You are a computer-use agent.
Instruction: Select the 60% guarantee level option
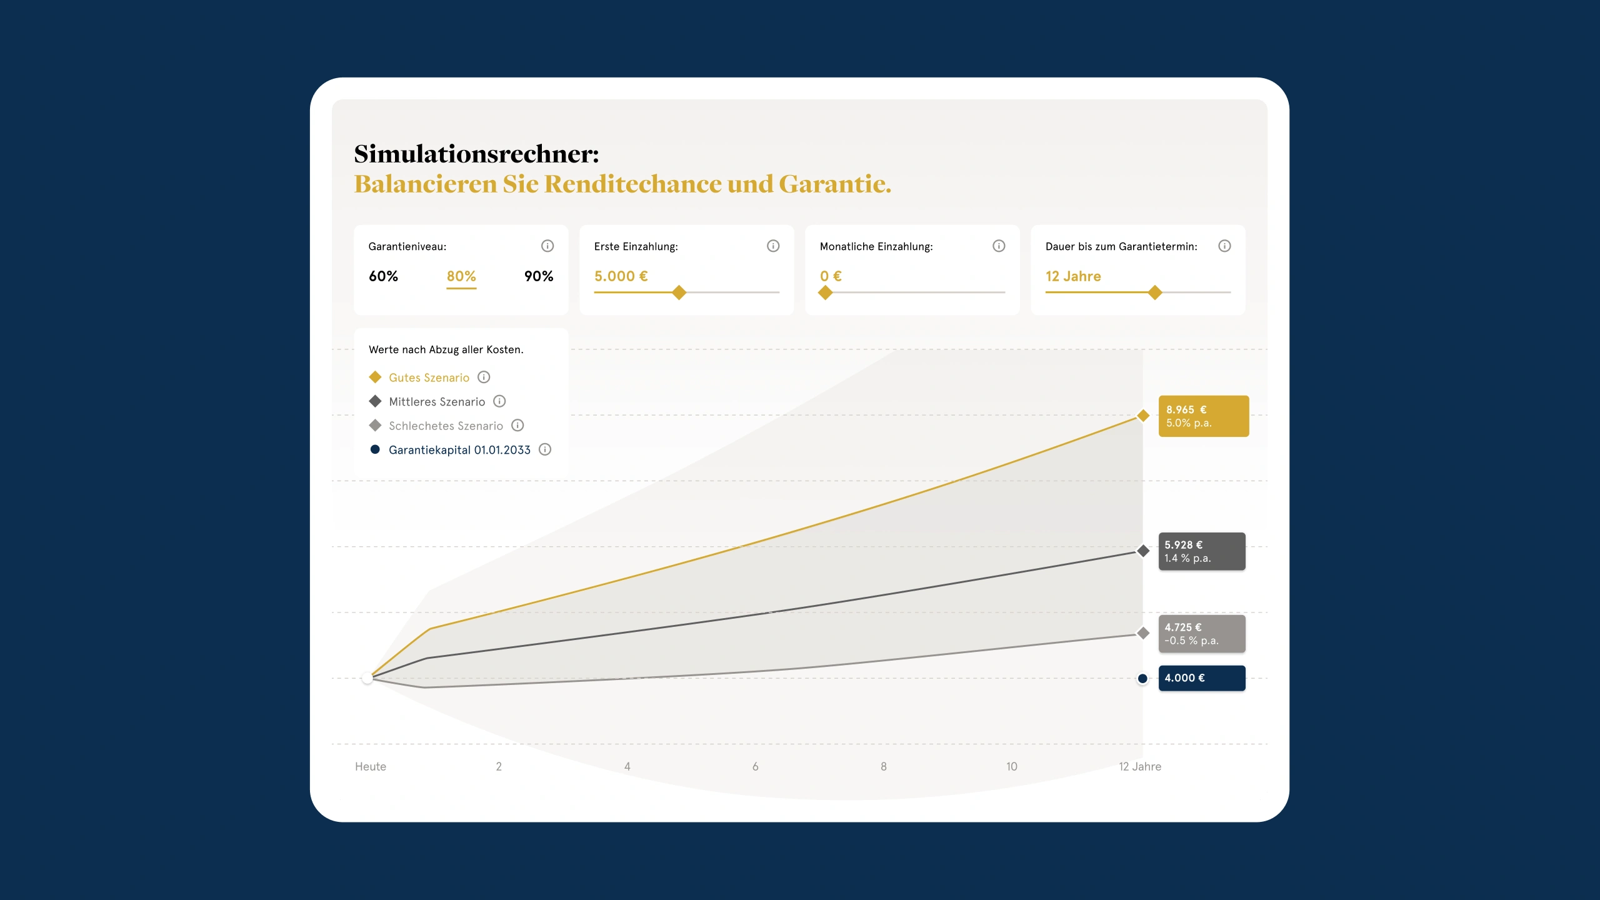coord(383,276)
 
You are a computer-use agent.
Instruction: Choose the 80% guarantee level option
coord(461,276)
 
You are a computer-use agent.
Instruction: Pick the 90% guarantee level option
coord(539,276)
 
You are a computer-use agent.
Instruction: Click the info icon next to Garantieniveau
coord(547,246)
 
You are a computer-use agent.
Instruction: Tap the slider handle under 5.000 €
coord(679,292)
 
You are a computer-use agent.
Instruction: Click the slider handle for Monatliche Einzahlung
coord(826,292)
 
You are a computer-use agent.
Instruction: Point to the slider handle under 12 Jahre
coord(1155,292)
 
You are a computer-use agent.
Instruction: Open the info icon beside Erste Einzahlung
coord(773,246)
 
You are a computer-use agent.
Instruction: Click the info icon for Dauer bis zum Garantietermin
coord(1224,246)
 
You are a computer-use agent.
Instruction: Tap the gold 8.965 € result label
coord(1204,416)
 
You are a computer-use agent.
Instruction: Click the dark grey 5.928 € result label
coord(1202,551)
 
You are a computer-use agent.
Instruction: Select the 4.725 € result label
coord(1202,634)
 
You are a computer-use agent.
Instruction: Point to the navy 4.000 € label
coord(1202,678)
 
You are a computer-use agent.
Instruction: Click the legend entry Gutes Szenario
coord(429,377)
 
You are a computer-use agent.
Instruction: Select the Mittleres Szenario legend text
coord(437,402)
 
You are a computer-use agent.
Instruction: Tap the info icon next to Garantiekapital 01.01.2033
coord(545,449)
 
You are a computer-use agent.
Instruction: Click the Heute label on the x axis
coord(371,767)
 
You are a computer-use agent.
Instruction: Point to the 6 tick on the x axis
coord(756,767)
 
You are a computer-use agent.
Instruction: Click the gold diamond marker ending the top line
coord(1143,416)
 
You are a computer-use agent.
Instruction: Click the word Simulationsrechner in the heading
coord(476,154)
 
